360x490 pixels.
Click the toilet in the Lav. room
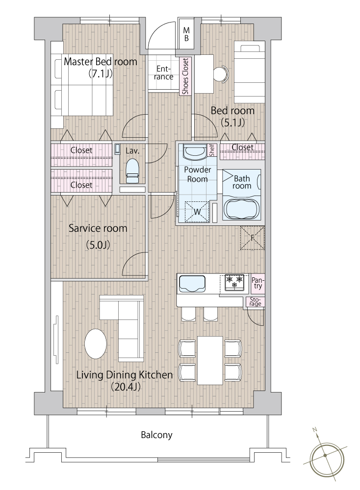[132, 171]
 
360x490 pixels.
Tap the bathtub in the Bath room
[241, 208]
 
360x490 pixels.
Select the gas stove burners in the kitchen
[234, 283]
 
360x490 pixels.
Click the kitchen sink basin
[192, 283]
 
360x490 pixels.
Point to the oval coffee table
[96, 344]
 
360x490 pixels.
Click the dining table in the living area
[210, 360]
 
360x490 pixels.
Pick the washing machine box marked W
[197, 212]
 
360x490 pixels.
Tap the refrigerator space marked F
[252, 238]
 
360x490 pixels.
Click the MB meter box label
[186, 34]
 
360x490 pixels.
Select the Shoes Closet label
[185, 76]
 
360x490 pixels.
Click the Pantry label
[257, 283]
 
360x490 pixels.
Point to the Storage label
[255, 301]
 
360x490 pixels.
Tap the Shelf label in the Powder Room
[212, 150]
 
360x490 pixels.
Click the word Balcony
[156, 435]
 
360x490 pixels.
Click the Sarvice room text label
[98, 228]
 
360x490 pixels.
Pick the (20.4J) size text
[126, 387]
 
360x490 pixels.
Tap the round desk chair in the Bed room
[222, 74]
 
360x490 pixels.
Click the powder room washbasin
[195, 151]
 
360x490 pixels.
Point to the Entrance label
[163, 73]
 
